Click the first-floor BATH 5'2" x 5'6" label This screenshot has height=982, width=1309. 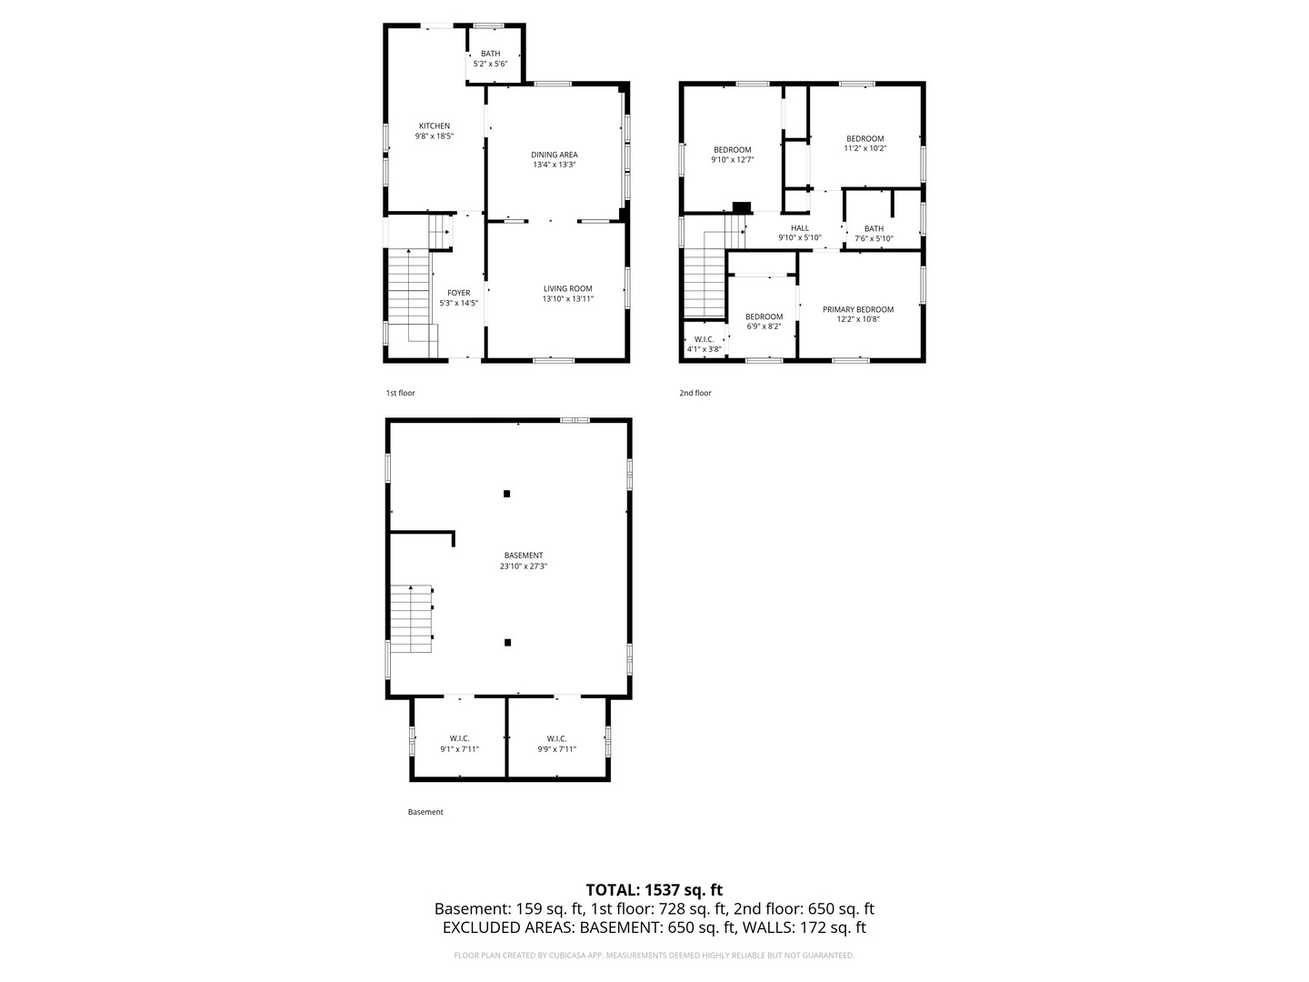(490, 58)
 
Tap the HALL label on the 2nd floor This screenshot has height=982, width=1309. (800, 227)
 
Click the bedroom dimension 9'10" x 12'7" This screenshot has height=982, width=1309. (733, 160)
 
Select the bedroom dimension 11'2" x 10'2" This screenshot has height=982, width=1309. (864, 148)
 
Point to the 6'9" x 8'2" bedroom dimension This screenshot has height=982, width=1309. (764, 326)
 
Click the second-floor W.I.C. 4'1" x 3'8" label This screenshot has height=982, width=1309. (704, 344)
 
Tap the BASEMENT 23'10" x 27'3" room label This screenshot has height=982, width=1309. (523, 560)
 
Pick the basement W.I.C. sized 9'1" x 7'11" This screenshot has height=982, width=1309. (459, 744)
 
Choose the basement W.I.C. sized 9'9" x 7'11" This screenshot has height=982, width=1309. (556, 744)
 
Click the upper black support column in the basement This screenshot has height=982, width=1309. (506, 494)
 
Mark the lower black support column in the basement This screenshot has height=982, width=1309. (507, 642)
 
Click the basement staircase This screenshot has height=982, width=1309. (411, 618)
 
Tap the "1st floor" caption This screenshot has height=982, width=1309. (400, 393)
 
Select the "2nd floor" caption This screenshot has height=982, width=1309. (695, 393)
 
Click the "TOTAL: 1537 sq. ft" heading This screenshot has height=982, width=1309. (654, 889)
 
